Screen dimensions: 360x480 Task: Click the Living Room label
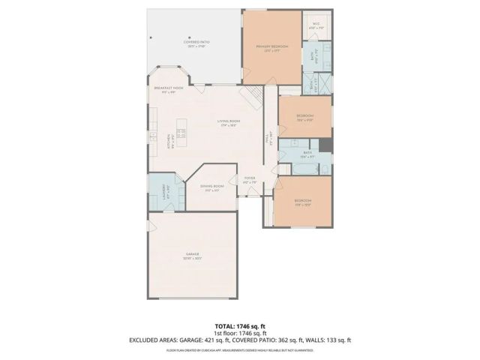click(x=229, y=122)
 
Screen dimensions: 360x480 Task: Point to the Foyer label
click(x=250, y=179)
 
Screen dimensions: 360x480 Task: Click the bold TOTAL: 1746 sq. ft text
click(x=240, y=325)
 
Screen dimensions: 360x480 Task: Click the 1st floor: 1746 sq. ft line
click(x=240, y=333)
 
